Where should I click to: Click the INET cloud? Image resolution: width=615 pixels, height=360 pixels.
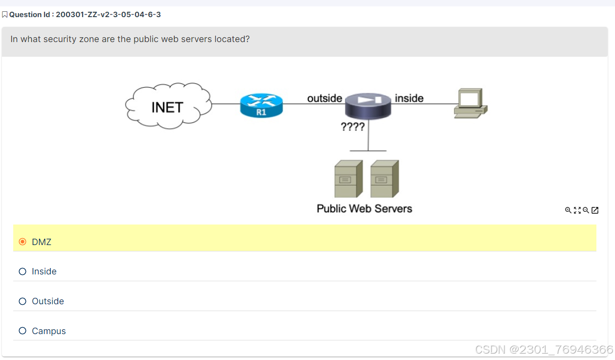point(168,106)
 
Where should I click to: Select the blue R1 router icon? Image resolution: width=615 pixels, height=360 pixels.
point(261,105)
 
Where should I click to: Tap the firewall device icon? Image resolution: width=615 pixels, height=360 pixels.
point(368,106)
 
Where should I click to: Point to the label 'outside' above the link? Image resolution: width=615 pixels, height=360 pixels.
point(324,98)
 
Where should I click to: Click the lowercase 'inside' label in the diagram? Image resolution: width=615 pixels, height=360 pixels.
point(409,98)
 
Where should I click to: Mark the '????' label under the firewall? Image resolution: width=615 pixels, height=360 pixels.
point(352,127)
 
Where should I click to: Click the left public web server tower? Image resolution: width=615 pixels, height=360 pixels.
point(348,179)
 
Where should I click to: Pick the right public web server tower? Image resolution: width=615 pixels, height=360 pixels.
point(384,179)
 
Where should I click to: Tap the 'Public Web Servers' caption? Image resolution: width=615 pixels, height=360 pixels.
point(364,209)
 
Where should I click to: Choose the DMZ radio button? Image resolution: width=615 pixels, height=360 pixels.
point(23,242)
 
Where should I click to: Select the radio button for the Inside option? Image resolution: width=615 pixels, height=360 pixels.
point(23,271)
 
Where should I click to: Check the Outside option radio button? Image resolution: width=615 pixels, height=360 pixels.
point(23,301)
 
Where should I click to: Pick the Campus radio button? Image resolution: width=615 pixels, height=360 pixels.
point(23,331)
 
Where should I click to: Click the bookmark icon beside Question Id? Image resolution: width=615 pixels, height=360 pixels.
point(5,15)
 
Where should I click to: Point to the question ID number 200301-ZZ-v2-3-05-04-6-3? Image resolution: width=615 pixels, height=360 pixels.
point(108,15)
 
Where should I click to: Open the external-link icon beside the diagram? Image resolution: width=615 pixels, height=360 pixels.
point(595,210)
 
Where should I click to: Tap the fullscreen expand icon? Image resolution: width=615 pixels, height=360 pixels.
point(577,210)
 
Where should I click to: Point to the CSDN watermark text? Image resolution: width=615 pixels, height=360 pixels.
point(544,349)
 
